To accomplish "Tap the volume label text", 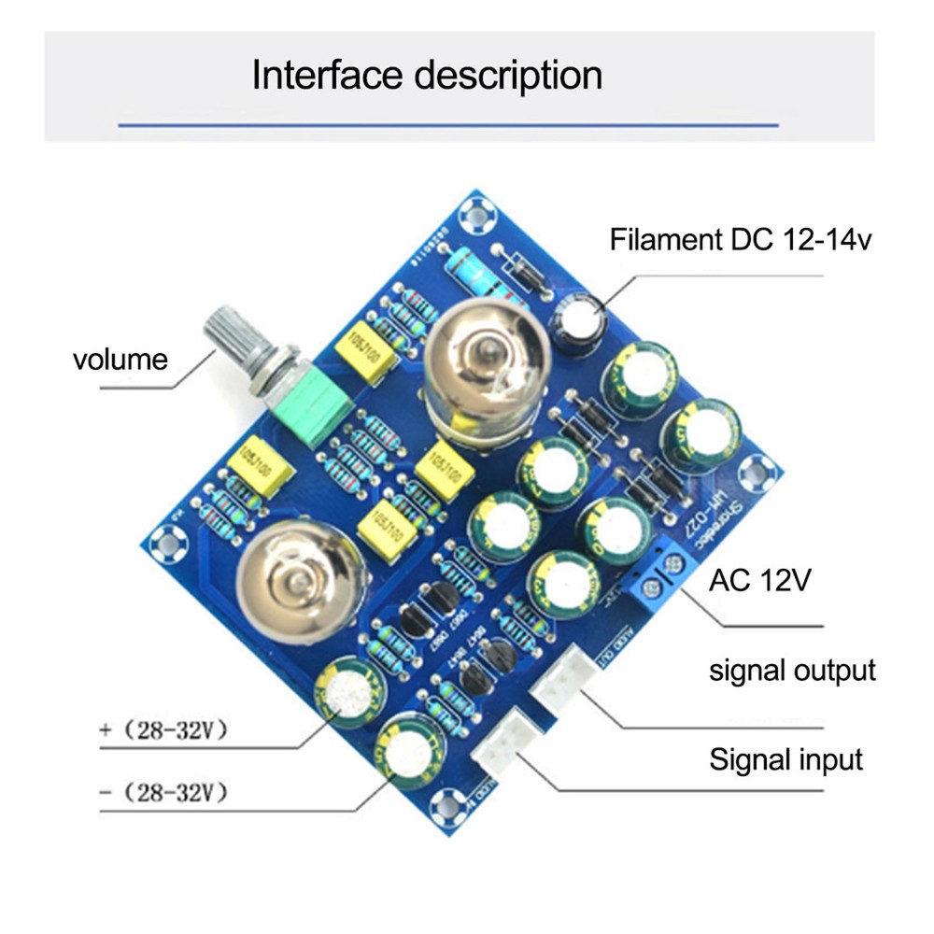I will point(120,359).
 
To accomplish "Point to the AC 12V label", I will point(759,581).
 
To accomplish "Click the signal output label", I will point(792,670).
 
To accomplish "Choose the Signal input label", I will point(785,758).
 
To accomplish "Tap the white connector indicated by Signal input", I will point(504,740).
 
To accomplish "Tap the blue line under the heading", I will point(448,123).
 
